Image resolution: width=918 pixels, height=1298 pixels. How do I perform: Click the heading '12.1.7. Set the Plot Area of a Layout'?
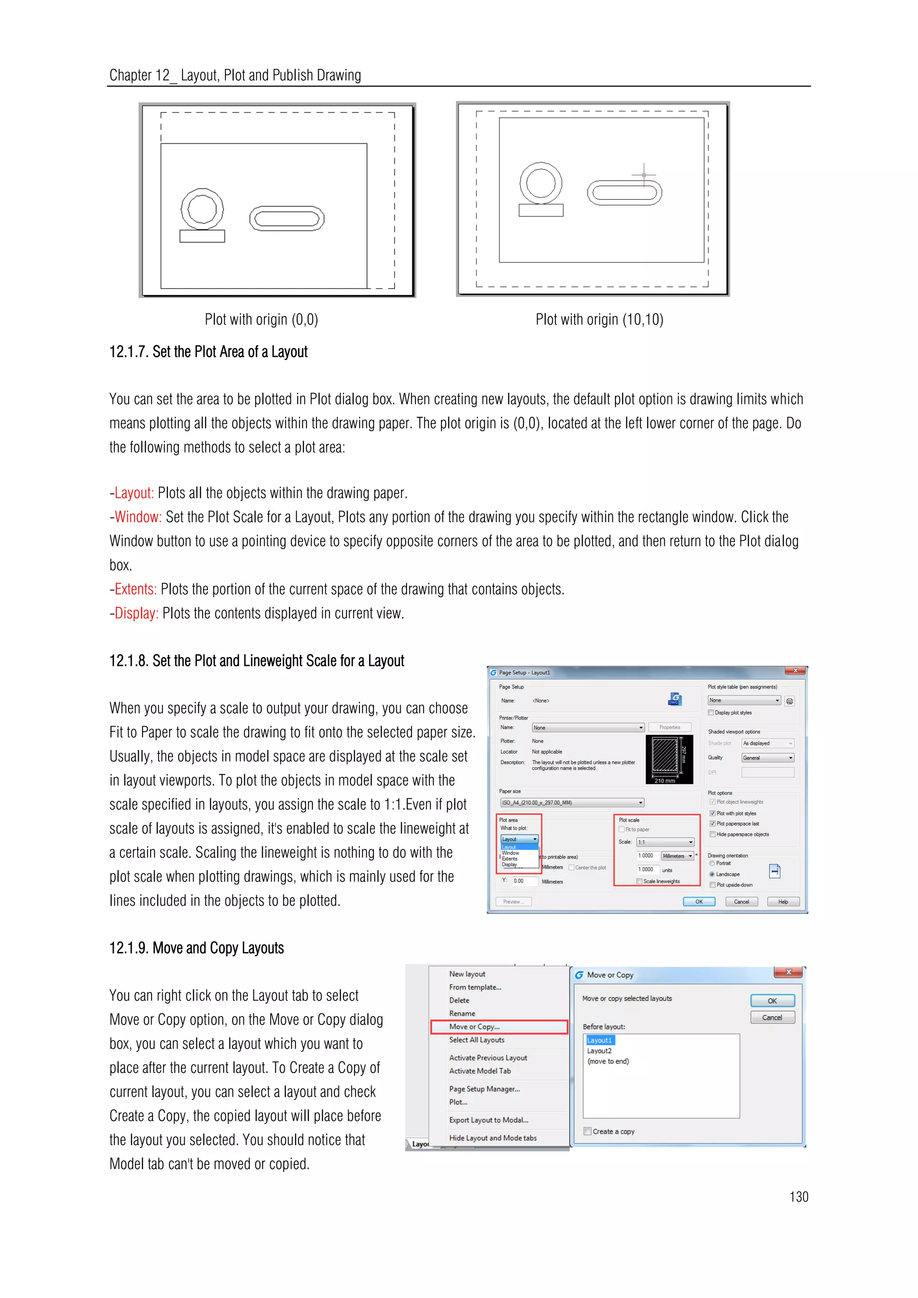coord(208,352)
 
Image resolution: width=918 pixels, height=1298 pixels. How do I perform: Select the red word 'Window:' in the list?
coord(138,517)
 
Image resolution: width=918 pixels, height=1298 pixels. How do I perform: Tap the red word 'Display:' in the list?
coord(136,614)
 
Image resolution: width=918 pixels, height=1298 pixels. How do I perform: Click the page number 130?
coord(798,1196)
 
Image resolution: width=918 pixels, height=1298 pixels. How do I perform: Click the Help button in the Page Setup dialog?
coord(783,902)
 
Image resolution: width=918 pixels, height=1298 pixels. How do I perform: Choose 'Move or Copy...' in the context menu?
coord(474,1027)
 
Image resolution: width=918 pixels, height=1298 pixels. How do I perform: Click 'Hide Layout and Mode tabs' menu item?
coord(492,1138)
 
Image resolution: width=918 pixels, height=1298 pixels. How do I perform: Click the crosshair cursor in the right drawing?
coord(644,175)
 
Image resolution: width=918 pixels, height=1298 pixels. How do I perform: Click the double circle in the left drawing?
coord(202,208)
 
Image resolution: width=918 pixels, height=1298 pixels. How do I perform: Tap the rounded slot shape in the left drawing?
coord(286,219)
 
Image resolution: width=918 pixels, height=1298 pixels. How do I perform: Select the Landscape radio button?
coord(712,874)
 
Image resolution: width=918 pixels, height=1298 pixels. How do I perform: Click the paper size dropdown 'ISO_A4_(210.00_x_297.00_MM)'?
coord(572,803)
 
